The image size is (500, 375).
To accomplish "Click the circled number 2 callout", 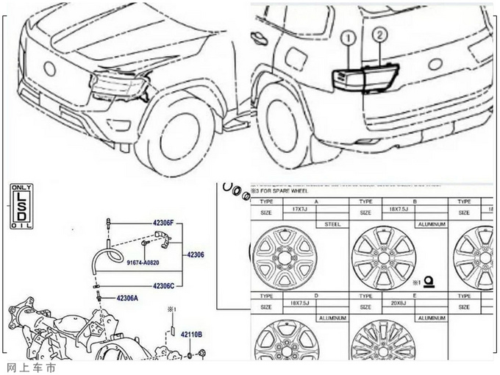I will click(x=379, y=34).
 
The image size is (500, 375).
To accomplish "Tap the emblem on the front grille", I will click(x=49, y=69).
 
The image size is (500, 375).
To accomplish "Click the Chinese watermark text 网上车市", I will click(x=30, y=367).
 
